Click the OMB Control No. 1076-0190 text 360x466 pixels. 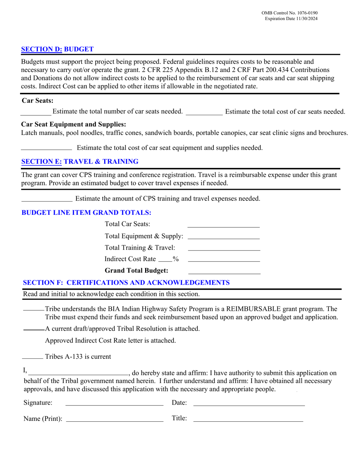pos(290,13)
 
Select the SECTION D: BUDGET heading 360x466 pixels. pos(57,49)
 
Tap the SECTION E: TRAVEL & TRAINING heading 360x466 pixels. pos(80,161)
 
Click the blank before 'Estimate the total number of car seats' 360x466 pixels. pos(36,113)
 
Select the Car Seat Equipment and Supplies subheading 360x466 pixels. pos(74,124)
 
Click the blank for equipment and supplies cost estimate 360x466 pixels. pos(46,148)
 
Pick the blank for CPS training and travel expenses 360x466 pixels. pos(47,199)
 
